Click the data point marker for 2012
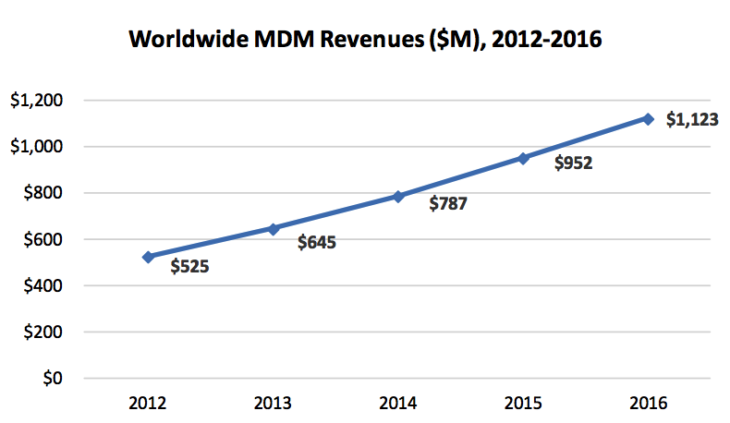point(148,257)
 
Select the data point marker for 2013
point(274,228)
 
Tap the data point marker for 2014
point(398,196)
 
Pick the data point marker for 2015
point(523,158)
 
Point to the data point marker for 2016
point(648,118)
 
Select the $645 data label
point(316,243)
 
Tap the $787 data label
point(448,204)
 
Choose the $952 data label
point(573,163)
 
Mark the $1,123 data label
point(692,120)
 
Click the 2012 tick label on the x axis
point(148,403)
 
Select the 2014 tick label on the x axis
point(398,403)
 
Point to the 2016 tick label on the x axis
point(648,403)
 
